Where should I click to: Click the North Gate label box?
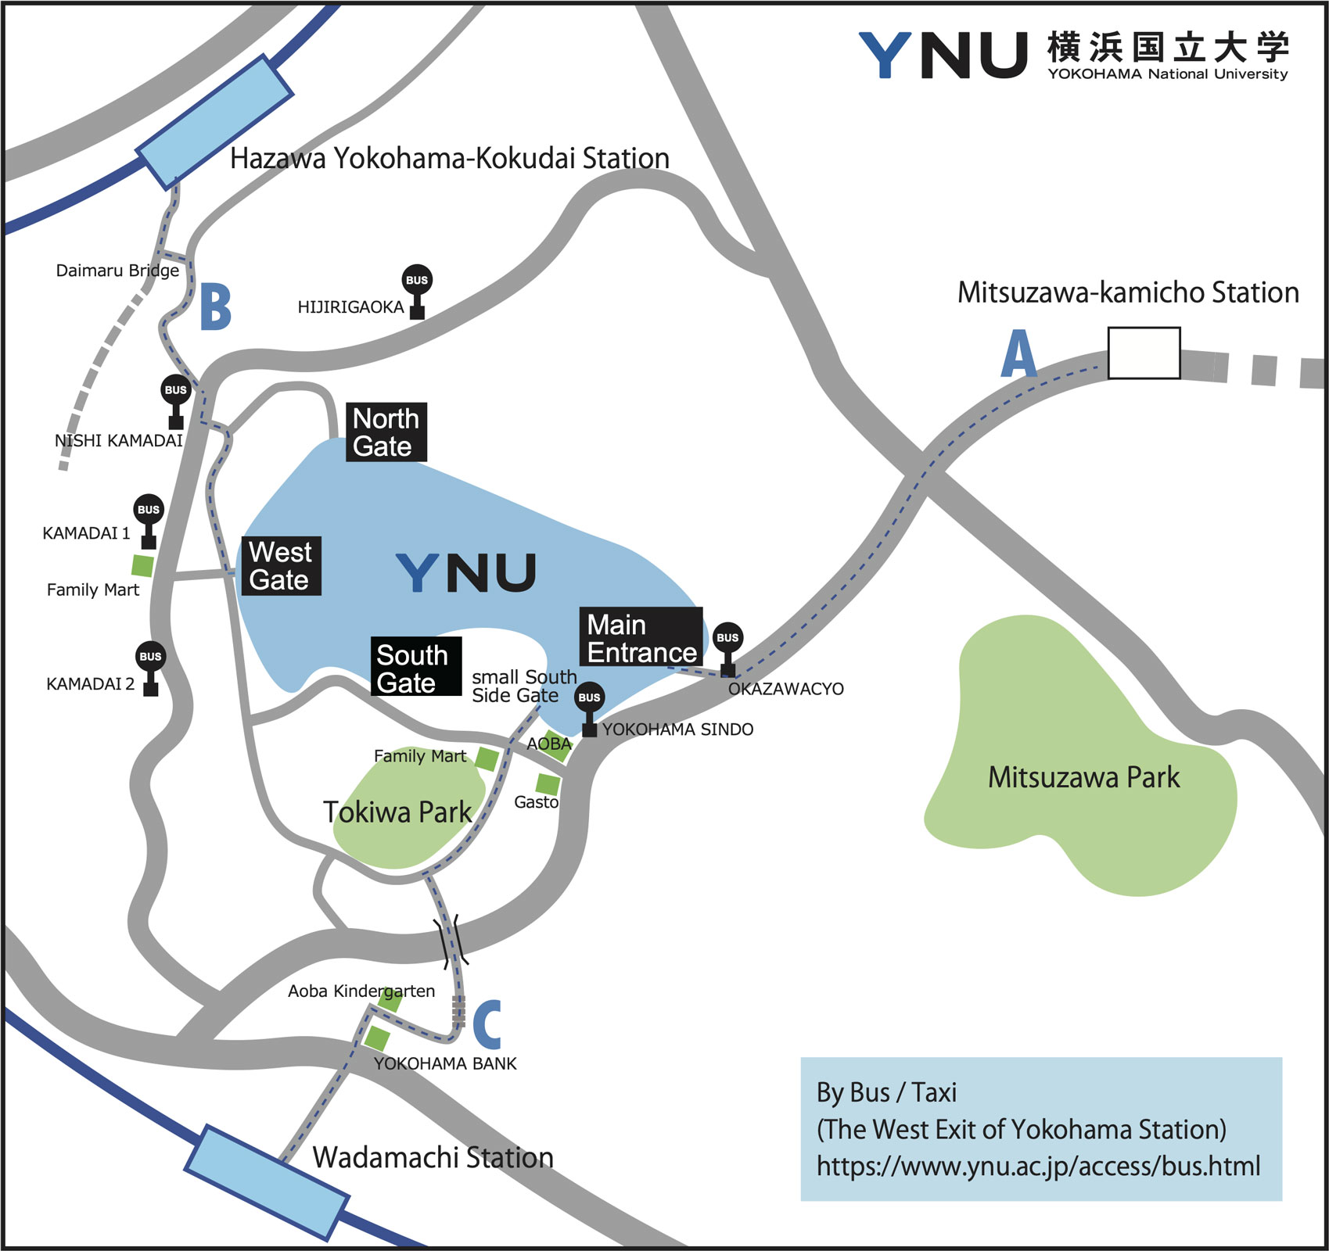click(x=386, y=432)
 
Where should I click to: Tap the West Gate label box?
click(x=281, y=566)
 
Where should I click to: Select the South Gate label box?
click(x=415, y=667)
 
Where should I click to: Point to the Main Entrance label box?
click(x=641, y=637)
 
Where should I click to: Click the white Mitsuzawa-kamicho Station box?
click(x=1144, y=353)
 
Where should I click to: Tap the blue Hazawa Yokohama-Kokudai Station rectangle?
click(x=214, y=121)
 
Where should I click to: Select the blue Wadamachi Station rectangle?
click(x=266, y=1181)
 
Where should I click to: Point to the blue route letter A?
click(x=1018, y=353)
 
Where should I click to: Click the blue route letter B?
click(x=216, y=306)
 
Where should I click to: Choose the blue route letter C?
click(x=487, y=1024)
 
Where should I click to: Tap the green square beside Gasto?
click(x=548, y=783)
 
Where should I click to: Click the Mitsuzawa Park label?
click(x=1083, y=777)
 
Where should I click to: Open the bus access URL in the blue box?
click(x=1038, y=1167)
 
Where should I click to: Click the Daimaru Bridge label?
click(x=117, y=271)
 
